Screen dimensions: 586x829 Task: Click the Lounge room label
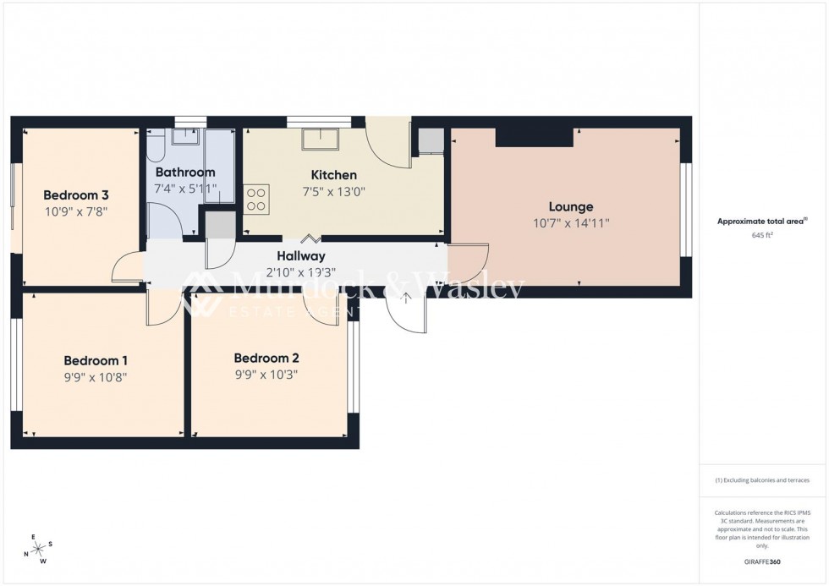pos(571,206)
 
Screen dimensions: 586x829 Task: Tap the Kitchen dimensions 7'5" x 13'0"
pos(335,191)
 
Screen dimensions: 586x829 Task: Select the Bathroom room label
pos(184,173)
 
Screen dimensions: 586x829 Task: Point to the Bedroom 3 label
pos(77,194)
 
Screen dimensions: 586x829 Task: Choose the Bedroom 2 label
pos(266,358)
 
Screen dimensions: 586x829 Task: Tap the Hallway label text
pos(300,256)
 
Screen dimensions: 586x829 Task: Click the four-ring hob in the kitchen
pos(256,199)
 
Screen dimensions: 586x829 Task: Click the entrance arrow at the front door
pos(407,298)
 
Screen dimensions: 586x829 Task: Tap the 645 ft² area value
pos(762,235)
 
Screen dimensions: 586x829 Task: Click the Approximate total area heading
pos(761,222)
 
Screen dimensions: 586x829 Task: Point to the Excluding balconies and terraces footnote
pos(762,480)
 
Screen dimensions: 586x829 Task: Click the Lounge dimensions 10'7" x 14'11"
pos(571,222)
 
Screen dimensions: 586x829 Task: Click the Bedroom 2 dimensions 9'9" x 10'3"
pos(266,375)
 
